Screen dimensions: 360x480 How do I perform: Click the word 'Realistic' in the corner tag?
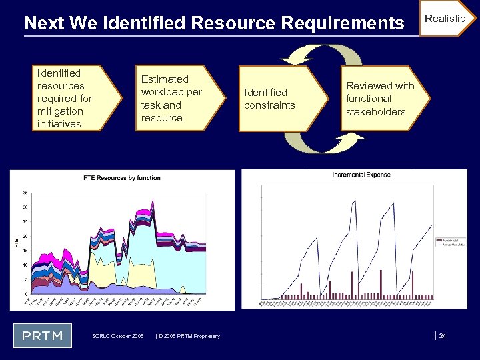coord(445,19)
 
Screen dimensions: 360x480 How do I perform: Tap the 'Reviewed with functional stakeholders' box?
coord(380,99)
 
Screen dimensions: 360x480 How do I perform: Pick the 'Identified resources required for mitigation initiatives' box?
coord(67,98)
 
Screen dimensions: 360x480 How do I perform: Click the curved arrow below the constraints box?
coord(313,141)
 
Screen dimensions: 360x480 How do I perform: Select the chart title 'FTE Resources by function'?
coord(121,178)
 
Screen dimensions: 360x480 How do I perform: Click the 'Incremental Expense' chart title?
coord(361,175)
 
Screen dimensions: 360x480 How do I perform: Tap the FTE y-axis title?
coord(17,243)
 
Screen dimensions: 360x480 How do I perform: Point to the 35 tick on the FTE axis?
coord(25,193)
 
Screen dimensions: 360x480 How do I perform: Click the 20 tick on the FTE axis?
coord(25,237)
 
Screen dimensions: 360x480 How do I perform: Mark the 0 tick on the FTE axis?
coord(26,294)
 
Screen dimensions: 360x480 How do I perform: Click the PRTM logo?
coord(43,335)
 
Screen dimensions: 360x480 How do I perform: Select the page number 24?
coord(442,336)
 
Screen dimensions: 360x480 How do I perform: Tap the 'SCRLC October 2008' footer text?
coord(117,336)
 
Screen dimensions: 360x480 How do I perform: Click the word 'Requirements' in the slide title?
coord(343,23)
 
